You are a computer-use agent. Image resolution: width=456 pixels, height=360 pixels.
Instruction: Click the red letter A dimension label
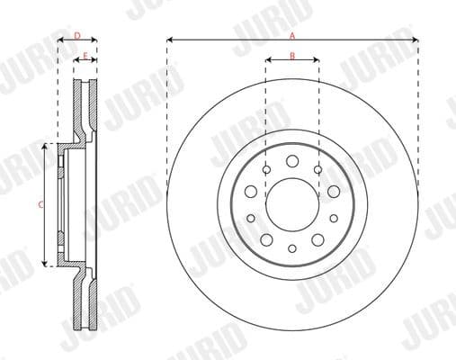[291, 35]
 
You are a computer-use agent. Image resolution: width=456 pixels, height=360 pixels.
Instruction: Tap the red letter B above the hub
[292, 57]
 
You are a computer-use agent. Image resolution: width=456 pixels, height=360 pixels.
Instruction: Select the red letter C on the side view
[40, 205]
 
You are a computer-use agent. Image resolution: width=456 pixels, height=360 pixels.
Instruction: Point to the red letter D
[77, 36]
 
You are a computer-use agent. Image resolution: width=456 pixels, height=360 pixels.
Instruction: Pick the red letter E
[85, 57]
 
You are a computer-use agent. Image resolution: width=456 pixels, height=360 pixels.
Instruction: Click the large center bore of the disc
[292, 201]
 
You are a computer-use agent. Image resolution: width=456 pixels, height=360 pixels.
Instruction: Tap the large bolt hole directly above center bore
[292, 162]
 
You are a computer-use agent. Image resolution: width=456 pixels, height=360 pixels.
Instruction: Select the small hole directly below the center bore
[292, 248]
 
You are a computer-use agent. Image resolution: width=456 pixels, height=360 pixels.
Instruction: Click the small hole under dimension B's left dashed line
[267, 169]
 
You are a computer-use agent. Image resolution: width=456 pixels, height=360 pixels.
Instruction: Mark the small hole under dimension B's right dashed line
[317, 169]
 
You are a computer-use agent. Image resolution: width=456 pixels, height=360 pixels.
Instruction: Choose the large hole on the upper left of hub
[251, 191]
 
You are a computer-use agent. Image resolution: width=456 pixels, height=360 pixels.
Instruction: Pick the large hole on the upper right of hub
[334, 191]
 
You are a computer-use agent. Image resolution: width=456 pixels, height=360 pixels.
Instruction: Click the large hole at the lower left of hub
[266, 239]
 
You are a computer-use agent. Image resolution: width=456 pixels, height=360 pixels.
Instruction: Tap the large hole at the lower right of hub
[318, 239]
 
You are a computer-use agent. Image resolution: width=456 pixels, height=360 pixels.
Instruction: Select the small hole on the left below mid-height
[251, 218]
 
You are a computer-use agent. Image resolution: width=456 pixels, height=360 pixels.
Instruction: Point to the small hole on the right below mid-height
[334, 218]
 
